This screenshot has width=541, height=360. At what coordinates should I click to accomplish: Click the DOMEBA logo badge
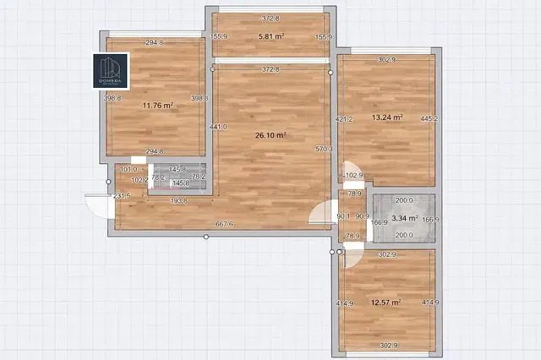point(110,70)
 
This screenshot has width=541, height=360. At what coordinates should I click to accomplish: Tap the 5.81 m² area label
point(270,36)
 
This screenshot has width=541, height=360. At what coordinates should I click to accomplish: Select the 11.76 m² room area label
point(158,106)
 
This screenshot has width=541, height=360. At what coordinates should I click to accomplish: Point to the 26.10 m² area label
point(270,134)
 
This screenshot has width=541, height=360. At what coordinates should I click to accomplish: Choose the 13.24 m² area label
point(386,118)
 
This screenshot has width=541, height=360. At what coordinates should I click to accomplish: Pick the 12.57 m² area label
point(385,302)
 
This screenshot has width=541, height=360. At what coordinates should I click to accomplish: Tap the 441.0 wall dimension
point(218,128)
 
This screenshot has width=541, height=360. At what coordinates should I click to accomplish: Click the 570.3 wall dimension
point(324,150)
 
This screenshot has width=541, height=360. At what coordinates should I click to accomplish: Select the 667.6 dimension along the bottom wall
point(224,224)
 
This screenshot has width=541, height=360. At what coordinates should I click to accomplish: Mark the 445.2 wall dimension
point(429,118)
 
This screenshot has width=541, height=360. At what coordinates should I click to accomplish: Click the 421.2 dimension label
point(344,119)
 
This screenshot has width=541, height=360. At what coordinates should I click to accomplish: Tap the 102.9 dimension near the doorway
point(354,176)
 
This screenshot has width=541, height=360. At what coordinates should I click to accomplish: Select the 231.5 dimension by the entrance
point(122,196)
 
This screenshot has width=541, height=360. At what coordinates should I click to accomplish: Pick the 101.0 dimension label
point(128,169)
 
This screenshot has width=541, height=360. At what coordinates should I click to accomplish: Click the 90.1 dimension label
point(343,215)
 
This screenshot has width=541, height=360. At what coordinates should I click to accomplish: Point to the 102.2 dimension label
point(141,179)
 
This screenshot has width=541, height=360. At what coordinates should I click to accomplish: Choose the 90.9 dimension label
point(362,215)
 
